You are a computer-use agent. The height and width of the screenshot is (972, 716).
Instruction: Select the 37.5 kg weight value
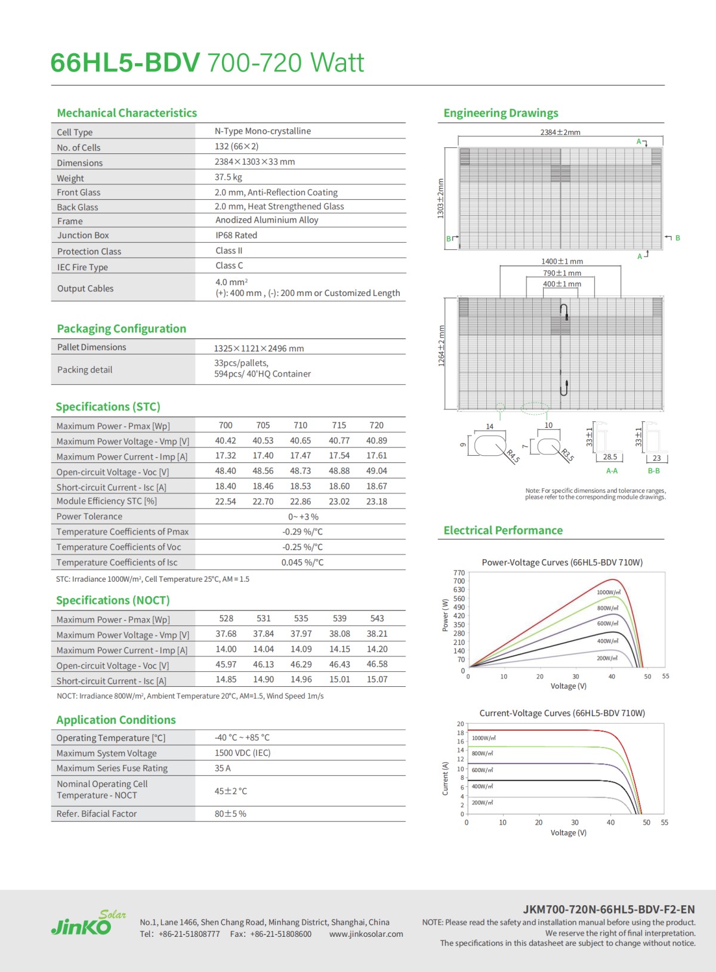coord(229,177)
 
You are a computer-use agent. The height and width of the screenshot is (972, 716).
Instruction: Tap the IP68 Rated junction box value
coord(236,235)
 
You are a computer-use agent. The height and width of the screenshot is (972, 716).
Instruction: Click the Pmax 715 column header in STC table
coord(339,425)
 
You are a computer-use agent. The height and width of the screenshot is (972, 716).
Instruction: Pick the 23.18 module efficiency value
coord(376,502)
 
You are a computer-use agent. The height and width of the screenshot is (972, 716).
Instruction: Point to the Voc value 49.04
coord(376,471)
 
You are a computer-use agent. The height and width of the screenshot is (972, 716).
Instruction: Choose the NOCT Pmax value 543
coord(377,619)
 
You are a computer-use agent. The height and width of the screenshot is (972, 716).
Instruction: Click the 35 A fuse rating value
coord(223,769)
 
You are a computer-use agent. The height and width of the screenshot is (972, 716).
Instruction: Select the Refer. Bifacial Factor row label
coord(97,814)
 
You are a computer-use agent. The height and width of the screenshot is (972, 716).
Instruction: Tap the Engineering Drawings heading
coord(501,113)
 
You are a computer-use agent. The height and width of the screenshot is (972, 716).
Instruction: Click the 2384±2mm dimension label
coord(560,132)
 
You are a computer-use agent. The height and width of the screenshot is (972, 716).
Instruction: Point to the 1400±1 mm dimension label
coord(562,261)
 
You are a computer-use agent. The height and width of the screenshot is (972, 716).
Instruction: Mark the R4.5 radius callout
coord(513,456)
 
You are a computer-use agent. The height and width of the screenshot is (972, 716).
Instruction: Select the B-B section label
coord(654,471)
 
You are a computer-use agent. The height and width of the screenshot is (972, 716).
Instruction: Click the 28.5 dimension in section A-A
coord(610,457)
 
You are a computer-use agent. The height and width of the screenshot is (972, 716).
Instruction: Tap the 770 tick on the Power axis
coord(459,573)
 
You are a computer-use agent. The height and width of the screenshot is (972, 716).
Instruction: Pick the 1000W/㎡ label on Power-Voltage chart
coord(609,593)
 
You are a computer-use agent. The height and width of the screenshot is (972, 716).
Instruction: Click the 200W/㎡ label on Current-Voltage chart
coord(483,803)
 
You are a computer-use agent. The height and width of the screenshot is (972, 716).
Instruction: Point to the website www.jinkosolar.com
coord(366,934)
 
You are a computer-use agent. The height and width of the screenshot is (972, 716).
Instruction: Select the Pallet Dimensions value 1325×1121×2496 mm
coord(259,348)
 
